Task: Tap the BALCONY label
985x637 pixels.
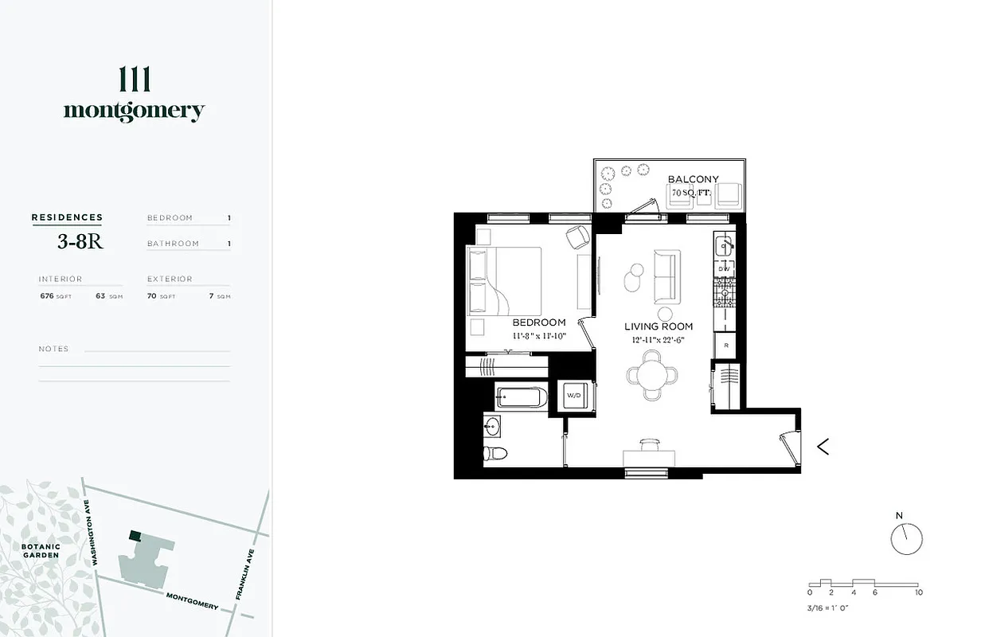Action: [693, 180]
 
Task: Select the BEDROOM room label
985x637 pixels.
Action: [538, 322]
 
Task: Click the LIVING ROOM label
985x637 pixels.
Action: [658, 326]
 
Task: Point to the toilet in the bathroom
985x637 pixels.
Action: [494, 454]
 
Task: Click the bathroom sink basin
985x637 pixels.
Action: [493, 427]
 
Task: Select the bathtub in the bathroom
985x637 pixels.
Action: [522, 396]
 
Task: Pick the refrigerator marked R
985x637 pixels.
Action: [725, 345]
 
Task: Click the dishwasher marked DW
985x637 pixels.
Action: [725, 269]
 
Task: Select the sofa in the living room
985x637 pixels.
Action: [666, 276]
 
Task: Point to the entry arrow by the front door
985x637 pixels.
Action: [823, 447]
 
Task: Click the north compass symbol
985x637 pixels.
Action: [906, 538]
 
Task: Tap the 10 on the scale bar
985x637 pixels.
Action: [918, 592]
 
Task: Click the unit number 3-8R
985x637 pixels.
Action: [80, 243]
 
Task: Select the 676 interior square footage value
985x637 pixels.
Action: [47, 295]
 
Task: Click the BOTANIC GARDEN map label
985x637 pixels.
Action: [41, 550]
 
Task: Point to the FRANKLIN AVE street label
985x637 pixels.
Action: [245, 574]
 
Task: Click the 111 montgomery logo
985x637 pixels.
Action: [134, 95]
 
